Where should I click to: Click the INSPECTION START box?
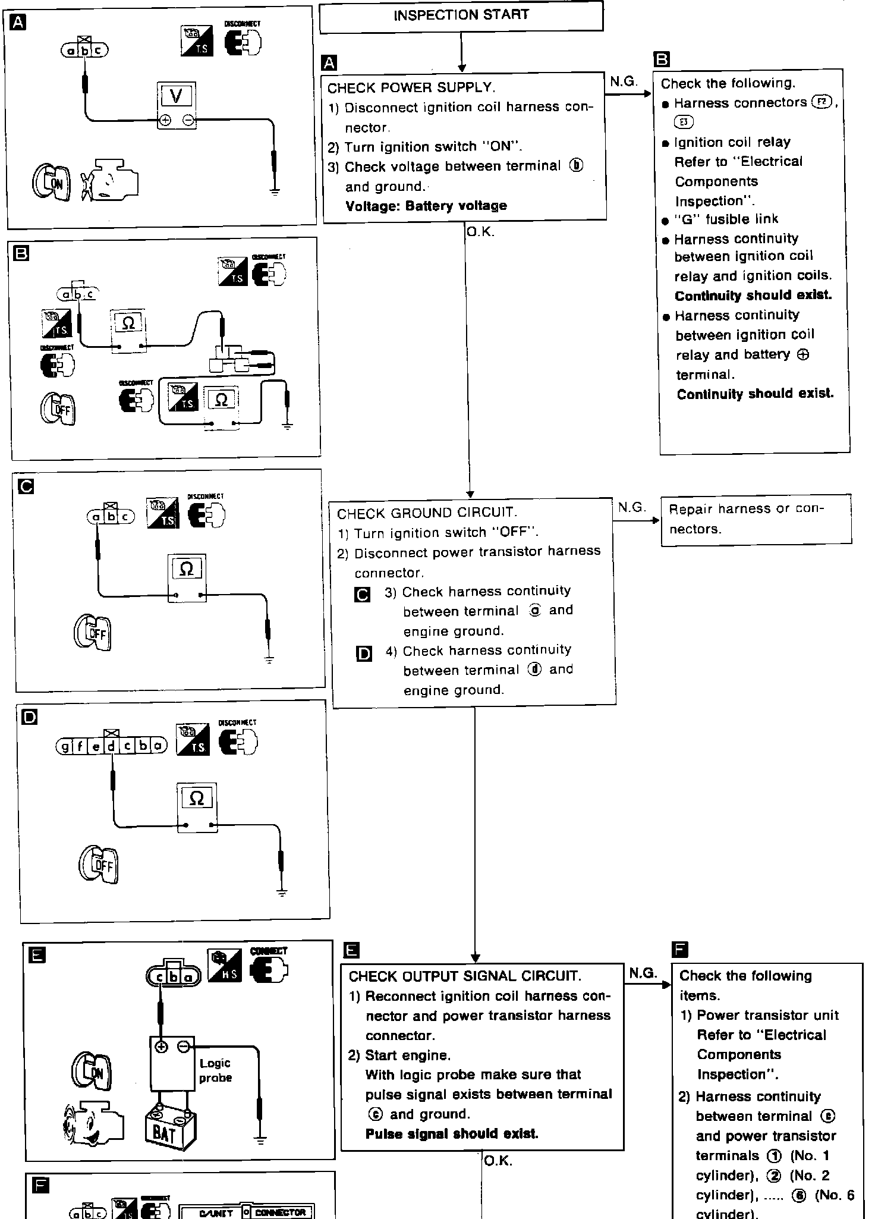(461, 15)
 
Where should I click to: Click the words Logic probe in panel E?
(215, 1070)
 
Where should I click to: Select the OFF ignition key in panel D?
(99, 865)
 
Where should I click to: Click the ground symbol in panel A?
(274, 191)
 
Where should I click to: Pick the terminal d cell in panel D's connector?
(111, 745)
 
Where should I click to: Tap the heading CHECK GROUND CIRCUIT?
(427, 513)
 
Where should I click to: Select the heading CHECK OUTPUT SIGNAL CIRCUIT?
(465, 976)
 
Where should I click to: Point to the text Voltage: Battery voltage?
(426, 206)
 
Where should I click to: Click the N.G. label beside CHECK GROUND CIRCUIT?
(631, 507)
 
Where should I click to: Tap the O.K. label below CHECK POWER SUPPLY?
(480, 232)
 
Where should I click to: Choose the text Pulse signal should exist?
(452, 1133)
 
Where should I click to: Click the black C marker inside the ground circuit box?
(362, 595)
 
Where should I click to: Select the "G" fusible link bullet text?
(726, 219)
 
